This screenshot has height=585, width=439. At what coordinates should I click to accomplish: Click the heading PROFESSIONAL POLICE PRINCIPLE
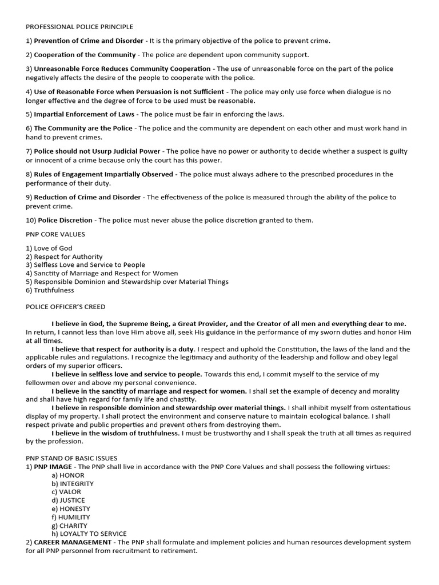[x=79, y=27]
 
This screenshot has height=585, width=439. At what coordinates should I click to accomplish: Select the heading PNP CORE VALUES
[x=56, y=234]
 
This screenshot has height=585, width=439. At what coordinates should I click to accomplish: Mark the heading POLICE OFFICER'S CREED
[x=65, y=307]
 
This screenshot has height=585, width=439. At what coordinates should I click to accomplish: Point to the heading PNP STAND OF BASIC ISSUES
[x=71, y=458]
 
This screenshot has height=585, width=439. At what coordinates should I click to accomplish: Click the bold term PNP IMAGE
[x=53, y=467]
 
